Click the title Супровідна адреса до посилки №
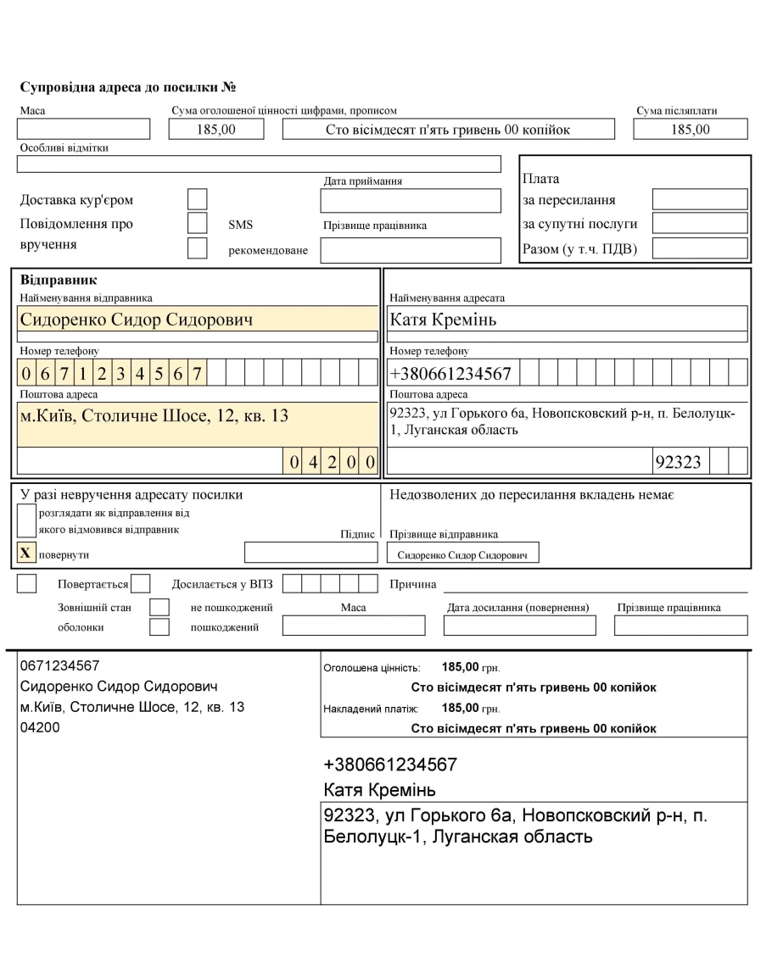tap(126, 87)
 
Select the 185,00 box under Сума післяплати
tap(690, 129)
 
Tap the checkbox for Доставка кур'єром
tap(197, 199)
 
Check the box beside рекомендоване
tap(197, 249)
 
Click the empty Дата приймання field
tap(411, 201)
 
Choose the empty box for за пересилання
tap(699, 199)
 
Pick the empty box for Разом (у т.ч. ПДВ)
tap(699, 248)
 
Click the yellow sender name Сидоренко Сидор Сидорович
tap(136, 320)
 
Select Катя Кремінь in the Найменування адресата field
tap(444, 320)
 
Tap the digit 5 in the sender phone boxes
tap(159, 373)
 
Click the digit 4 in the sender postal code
tap(312, 462)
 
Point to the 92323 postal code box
tap(679, 462)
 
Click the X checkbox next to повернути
tap(25, 553)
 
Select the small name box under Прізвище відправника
tap(462, 553)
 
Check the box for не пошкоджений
tap(159, 607)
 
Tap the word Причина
tap(412, 583)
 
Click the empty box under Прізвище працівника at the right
tap(680, 626)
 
